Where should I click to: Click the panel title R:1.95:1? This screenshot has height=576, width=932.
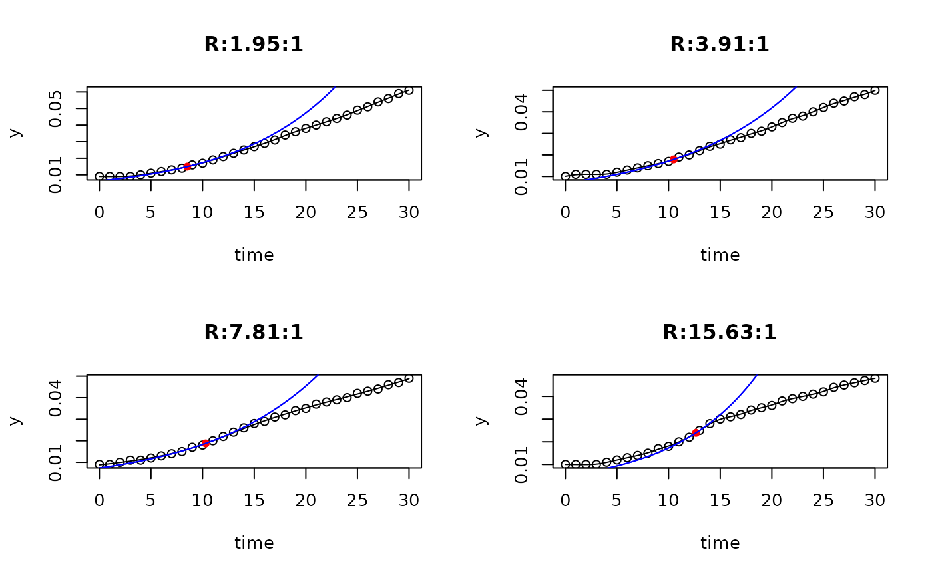254,45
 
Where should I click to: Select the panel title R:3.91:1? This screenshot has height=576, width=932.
720,45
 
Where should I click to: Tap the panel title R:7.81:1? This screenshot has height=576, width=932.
254,333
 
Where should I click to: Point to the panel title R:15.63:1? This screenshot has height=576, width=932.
720,333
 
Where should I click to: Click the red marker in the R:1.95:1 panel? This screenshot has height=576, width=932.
187,166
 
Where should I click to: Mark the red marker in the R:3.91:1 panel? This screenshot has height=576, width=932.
674,159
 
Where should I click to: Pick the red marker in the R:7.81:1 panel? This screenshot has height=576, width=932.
205,444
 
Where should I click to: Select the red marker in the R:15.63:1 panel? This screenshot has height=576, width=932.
696,433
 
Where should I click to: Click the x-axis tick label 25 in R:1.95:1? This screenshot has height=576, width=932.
357,212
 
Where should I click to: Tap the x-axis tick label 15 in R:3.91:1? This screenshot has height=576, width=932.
720,212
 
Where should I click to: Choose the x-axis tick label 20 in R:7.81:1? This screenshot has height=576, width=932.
306,500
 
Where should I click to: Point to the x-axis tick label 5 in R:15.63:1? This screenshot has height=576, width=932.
617,500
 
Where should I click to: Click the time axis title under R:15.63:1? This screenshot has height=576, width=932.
720,543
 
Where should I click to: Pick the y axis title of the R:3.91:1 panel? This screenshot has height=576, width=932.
481,132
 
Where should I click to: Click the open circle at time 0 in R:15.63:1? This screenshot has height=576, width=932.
565,464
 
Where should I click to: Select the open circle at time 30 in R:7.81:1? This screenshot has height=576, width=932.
409,378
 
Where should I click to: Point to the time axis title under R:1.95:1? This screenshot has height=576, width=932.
254,255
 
